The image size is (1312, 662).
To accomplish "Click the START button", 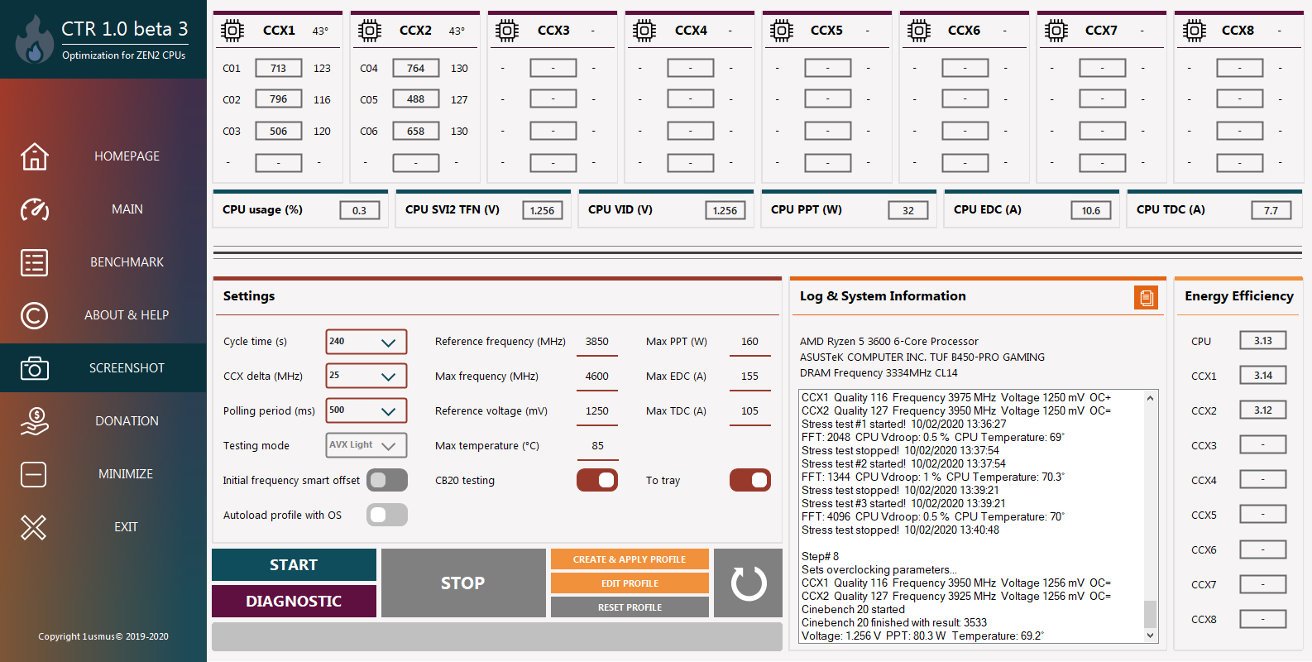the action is [294, 564].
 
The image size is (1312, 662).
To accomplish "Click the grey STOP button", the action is [462, 583].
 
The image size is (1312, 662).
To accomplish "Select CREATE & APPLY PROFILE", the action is [629, 559].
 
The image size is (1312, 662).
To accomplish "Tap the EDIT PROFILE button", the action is [629, 583].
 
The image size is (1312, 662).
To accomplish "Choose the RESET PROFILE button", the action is [629, 607].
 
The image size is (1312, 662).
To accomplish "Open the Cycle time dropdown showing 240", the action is [366, 342].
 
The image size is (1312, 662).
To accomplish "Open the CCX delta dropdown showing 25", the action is [366, 377].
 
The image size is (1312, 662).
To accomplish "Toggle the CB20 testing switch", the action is [596, 481].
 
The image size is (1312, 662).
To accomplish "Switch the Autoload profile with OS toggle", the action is [386, 515].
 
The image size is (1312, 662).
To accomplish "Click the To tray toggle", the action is [749, 481].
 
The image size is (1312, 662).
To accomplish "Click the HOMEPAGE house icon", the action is [35, 156].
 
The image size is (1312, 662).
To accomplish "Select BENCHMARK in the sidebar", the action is [127, 262].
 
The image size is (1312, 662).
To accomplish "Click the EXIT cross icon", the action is [33, 527].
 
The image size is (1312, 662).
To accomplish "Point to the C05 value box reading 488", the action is [416, 99].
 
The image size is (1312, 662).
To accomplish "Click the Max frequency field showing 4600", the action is [596, 377].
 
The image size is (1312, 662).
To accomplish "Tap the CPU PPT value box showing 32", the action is [907, 210].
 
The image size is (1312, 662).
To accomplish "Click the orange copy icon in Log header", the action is [1146, 298].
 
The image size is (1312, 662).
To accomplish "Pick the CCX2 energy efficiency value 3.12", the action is [1263, 410].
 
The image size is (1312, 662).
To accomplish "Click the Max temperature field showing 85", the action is [597, 446].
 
